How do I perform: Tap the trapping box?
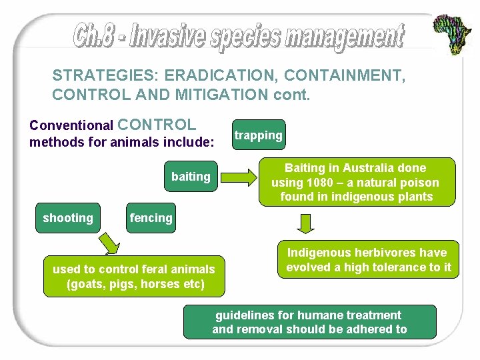click(x=258, y=135)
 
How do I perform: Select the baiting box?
click(x=191, y=177)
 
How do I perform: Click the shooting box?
click(x=68, y=218)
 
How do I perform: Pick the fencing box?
click(x=151, y=218)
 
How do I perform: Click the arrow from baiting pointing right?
click(x=240, y=177)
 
